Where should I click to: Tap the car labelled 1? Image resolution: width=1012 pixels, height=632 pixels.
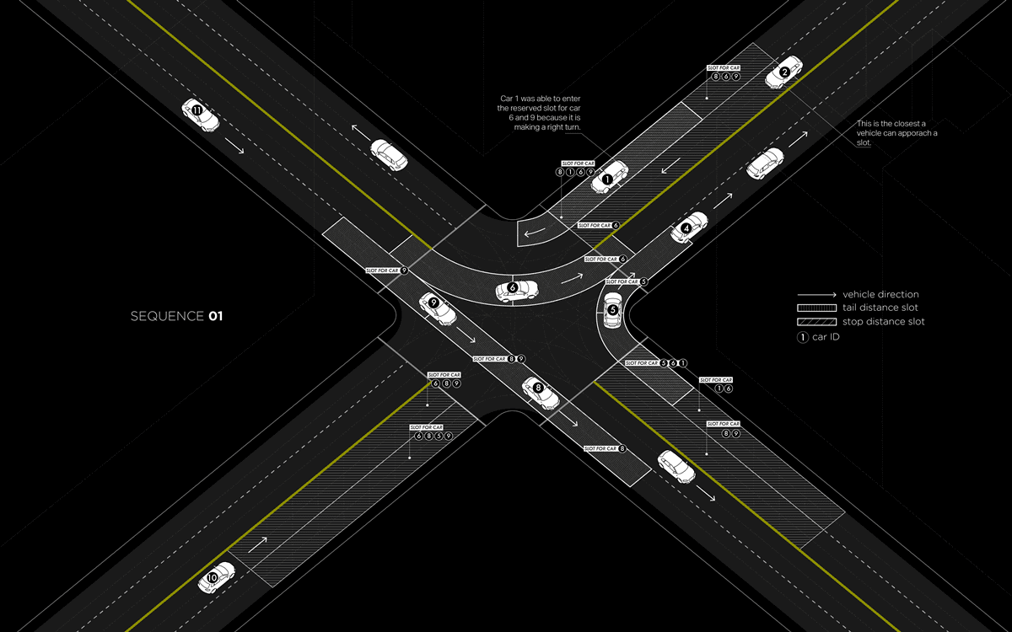point(610,178)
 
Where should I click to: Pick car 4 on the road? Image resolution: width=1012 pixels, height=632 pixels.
point(688,227)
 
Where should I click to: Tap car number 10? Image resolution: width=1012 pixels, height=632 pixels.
point(215,577)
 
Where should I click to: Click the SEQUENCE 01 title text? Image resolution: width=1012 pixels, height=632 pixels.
point(176,317)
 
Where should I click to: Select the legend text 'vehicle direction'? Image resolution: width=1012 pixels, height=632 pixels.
point(880,295)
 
